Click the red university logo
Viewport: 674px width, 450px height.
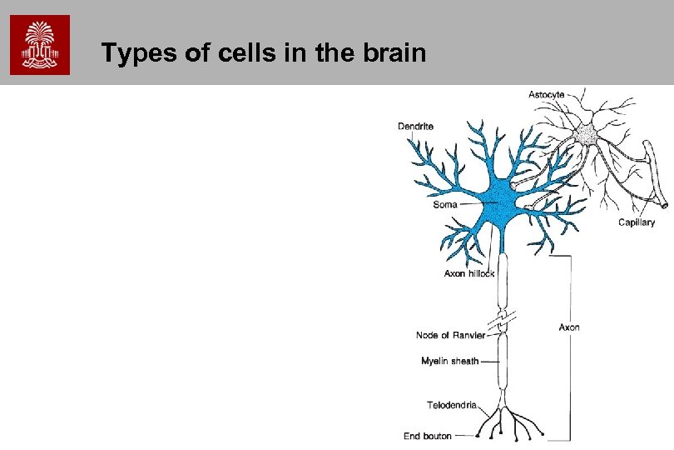[x=40, y=45]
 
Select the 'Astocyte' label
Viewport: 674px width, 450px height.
[x=546, y=94]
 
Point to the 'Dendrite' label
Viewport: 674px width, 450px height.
[x=415, y=127]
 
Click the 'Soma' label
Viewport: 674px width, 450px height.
[x=445, y=204]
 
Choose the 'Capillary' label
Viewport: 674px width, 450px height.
[x=637, y=222]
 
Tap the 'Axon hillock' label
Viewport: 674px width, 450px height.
[x=469, y=273]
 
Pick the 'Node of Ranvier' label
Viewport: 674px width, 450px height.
[x=450, y=335]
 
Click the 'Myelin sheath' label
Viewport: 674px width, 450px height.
[x=450, y=361]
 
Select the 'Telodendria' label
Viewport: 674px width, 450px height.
[x=452, y=405]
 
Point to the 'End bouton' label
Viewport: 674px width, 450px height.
[x=428, y=435]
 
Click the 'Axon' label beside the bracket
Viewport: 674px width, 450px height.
[x=569, y=327]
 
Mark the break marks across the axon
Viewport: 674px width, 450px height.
[x=502, y=320]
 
